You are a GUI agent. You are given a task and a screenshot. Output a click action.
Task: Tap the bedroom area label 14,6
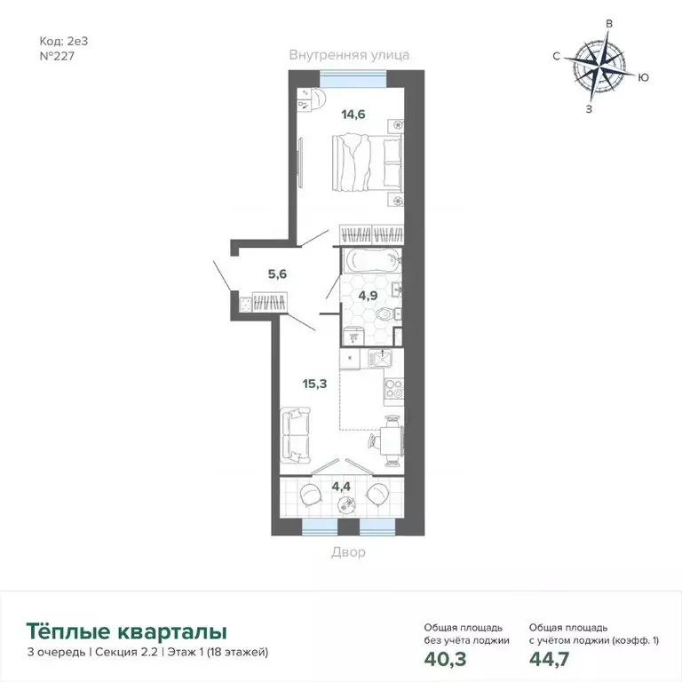354,113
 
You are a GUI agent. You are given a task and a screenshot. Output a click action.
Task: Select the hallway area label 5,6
277,274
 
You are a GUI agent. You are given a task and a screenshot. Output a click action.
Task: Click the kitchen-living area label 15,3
314,384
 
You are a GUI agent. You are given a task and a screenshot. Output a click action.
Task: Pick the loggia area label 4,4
341,486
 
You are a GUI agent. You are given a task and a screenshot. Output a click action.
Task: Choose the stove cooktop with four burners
393,388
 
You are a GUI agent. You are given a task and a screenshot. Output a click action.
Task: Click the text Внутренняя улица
349,55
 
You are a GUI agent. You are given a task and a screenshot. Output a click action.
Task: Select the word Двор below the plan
349,551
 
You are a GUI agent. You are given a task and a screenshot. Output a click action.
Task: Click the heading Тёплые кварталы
127,631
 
